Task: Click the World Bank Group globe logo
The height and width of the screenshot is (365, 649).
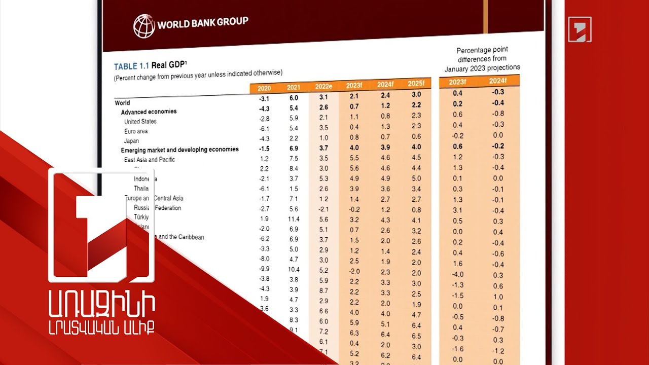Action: click(144, 25)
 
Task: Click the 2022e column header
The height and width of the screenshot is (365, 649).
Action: click(323, 87)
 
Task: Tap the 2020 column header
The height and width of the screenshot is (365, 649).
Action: click(264, 88)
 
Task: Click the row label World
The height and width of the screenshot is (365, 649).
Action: click(123, 103)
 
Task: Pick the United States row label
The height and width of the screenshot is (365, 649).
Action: click(140, 122)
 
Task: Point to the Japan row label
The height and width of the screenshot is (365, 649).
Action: click(131, 141)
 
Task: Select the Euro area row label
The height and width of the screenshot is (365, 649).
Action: click(136, 131)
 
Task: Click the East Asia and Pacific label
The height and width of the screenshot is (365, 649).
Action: click(150, 160)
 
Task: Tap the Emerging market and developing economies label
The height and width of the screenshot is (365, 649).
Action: click(179, 150)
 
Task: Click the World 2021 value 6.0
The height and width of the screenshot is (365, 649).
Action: click(294, 98)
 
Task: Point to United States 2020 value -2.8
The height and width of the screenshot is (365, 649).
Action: click(264, 118)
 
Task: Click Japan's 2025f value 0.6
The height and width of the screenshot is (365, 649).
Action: click(416, 136)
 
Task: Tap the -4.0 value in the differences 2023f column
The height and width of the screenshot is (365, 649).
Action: click(457, 274)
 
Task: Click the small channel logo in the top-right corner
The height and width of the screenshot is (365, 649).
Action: click(580, 29)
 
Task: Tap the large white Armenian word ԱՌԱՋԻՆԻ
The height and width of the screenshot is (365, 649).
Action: click(102, 305)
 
